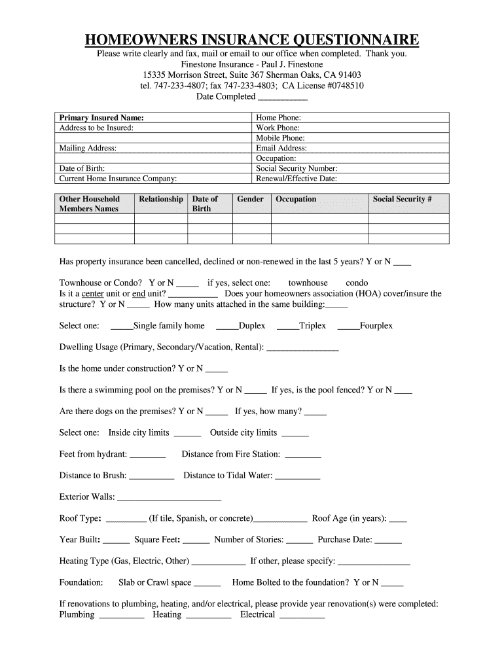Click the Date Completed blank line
click(x=283, y=97)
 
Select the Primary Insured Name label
click(x=101, y=118)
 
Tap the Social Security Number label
click(x=297, y=168)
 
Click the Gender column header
click(x=250, y=200)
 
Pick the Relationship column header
click(x=161, y=200)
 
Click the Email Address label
click(x=281, y=149)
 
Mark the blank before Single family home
click(x=122, y=326)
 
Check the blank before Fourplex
click(x=349, y=326)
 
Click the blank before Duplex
click(x=227, y=326)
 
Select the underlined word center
click(x=93, y=294)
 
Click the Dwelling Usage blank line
click(x=303, y=348)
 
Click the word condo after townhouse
click(x=357, y=283)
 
